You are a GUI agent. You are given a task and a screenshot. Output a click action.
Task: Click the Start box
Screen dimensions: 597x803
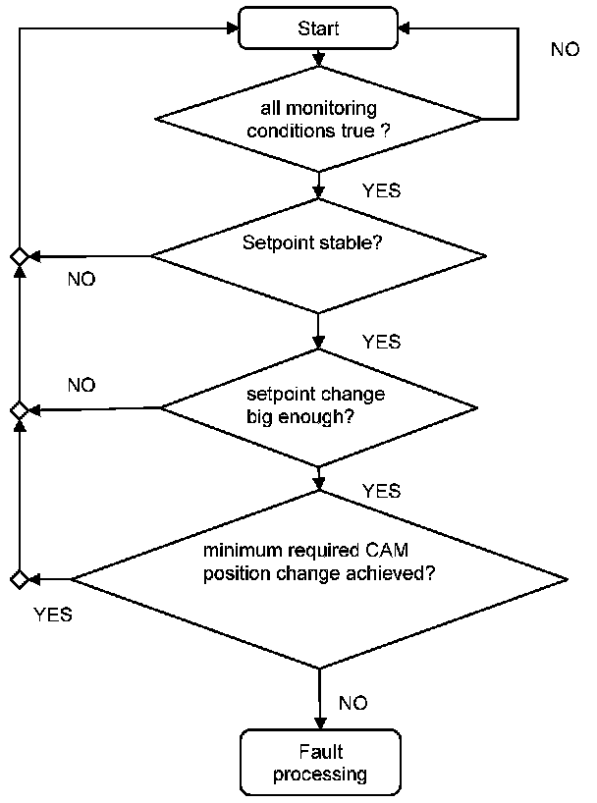(x=318, y=28)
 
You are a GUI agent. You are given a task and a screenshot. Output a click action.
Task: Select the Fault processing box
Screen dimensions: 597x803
(x=320, y=762)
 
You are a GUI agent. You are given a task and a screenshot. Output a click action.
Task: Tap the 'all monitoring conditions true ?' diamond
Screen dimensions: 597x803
(x=318, y=119)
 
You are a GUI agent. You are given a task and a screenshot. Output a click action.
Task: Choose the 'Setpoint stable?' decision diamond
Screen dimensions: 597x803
(x=318, y=255)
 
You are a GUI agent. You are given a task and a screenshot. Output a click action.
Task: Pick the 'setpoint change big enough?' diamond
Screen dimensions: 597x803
(x=319, y=408)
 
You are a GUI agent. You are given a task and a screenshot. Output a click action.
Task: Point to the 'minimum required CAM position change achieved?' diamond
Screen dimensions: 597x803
(x=319, y=580)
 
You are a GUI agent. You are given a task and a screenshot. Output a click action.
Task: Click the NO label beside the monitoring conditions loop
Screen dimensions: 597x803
(x=566, y=49)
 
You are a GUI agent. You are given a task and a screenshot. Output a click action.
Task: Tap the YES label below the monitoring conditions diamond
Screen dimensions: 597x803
(x=381, y=190)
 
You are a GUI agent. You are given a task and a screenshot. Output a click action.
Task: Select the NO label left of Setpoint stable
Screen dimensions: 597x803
(x=81, y=279)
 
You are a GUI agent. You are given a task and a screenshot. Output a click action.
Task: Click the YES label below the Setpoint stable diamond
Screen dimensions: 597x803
(x=381, y=342)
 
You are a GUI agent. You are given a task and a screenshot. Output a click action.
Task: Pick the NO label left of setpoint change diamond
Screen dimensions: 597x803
(x=81, y=385)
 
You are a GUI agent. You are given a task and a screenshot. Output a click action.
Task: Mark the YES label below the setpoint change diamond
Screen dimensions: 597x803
(x=381, y=491)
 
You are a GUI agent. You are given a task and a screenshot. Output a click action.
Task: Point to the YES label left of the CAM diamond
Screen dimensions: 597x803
(x=53, y=615)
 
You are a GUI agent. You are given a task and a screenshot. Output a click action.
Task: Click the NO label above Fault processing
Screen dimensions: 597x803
(x=353, y=703)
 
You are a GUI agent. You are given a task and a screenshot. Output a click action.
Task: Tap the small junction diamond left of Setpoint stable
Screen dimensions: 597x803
(x=20, y=256)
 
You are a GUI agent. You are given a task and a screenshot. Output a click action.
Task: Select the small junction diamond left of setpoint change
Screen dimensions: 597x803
(x=20, y=410)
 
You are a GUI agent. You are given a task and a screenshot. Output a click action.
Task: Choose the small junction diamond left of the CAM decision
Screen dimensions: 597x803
(x=20, y=579)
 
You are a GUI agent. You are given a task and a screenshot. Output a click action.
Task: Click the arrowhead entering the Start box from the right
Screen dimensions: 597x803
(x=404, y=28)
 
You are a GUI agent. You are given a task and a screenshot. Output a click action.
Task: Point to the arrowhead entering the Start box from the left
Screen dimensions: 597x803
(x=233, y=28)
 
